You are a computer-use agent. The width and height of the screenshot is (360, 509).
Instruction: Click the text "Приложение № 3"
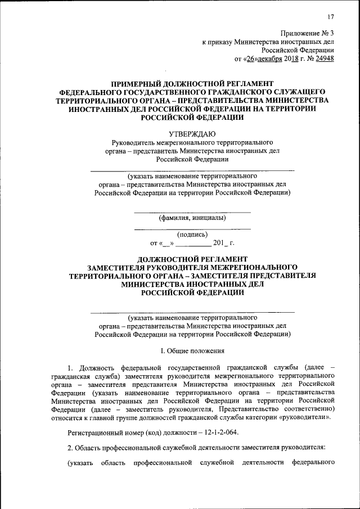click(x=308, y=33)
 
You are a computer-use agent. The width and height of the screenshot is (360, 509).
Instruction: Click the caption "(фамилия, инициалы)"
click(x=192, y=218)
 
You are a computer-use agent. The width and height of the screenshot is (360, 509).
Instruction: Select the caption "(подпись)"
click(x=192, y=235)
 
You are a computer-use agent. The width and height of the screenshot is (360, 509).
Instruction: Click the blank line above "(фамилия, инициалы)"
click(x=192, y=212)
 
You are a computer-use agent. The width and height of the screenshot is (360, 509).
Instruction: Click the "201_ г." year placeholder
click(x=223, y=243)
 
